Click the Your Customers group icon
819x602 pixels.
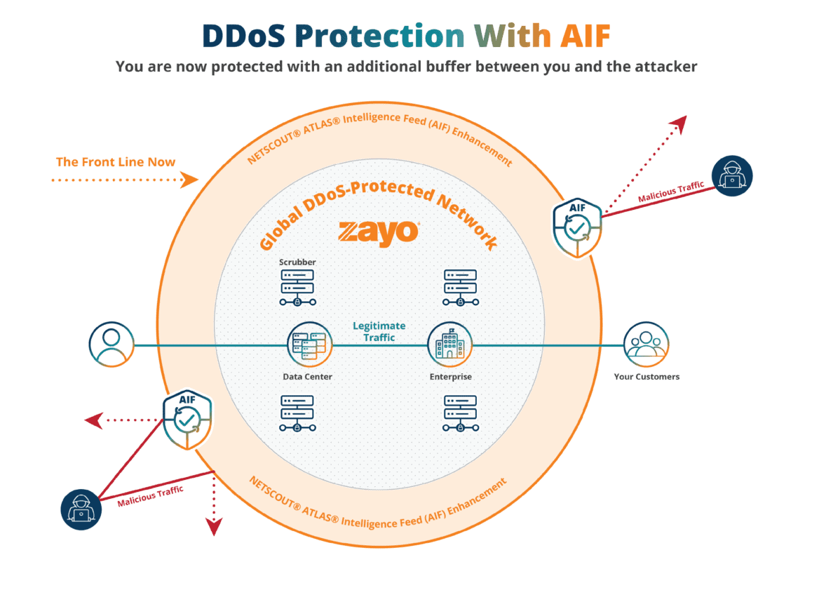click(646, 345)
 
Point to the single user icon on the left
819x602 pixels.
click(111, 345)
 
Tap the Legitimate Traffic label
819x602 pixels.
click(379, 331)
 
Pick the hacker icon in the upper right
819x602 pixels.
click(731, 175)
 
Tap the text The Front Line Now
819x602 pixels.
click(116, 162)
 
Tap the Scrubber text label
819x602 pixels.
click(297, 262)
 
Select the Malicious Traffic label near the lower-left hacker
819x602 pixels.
click(150, 495)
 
